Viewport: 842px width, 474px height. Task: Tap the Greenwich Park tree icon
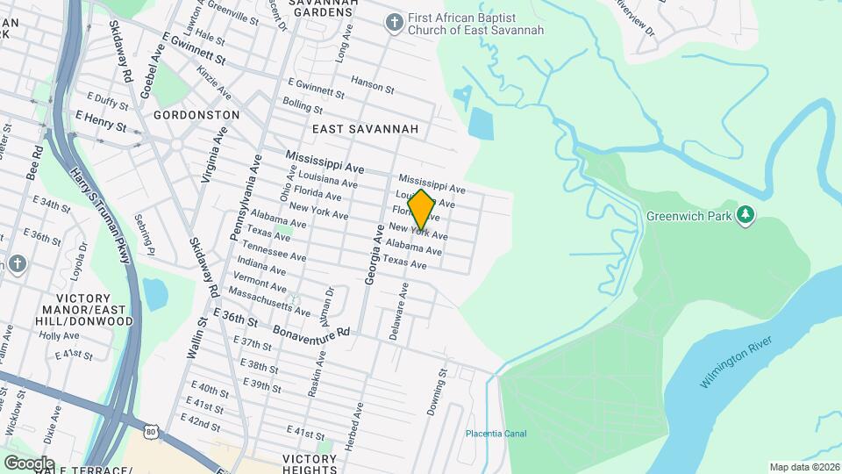coord(746,215)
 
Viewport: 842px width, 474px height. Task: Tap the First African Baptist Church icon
coord(396,23)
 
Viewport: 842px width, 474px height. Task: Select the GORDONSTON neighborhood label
coord(196,115)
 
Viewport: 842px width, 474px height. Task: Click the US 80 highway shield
coord(152,432)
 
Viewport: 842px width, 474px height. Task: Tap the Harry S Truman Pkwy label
coord(101,215)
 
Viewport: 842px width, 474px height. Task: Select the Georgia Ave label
coord(374,255)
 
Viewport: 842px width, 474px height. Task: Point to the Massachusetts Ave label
coord(268,300)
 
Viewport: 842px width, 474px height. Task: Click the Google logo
coord(28,463)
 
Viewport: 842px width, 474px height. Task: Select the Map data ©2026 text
coord(804,467)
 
